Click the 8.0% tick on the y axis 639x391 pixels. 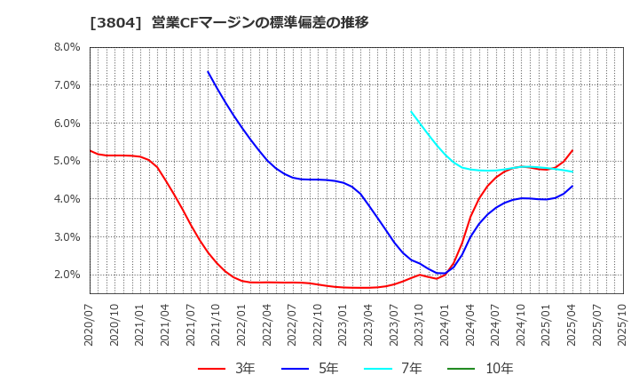point(66,47)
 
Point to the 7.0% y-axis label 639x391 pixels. point(66,85)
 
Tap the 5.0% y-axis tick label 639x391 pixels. point(66,161)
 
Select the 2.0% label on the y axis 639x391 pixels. point(66,275)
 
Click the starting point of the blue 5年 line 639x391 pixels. point(208,71)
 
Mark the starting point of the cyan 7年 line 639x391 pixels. point(411,111)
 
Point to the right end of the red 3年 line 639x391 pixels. point(572,150)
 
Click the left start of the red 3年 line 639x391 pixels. point(90,150)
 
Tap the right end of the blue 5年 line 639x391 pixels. point(572,186)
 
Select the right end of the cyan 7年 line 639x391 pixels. point(572,172)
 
